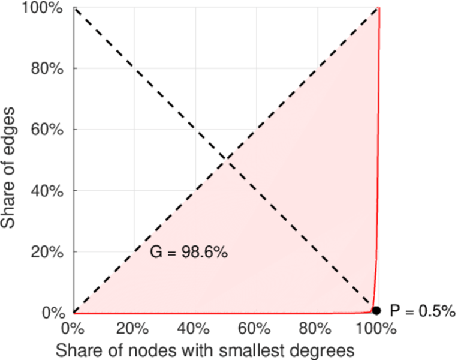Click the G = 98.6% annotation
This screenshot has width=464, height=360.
188,253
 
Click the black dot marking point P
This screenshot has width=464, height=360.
376,310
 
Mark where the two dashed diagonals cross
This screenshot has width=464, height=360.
226,160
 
